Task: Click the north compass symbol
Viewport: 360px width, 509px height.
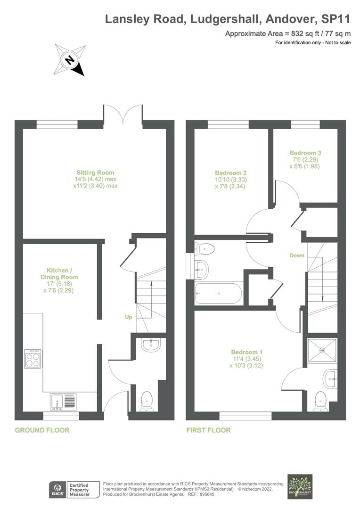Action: pos(70,59)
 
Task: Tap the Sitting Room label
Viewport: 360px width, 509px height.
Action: pos(96,179)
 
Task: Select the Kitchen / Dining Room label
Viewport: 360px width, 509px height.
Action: pos(59,280)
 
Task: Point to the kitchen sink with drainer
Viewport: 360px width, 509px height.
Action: pos(63,402)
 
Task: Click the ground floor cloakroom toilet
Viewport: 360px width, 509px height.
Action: pos(147,400)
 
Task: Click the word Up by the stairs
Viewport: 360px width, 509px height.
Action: pos(128,317)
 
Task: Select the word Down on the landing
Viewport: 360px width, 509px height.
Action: pos(297,255)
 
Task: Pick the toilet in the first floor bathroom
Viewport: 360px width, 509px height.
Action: pos(205,248)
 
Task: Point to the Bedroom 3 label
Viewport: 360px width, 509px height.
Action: pos(305,159)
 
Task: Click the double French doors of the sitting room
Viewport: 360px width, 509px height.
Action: pos(123,116)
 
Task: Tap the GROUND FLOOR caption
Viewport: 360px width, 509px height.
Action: pos(42,430)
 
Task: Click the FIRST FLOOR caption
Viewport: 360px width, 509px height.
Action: pos(208,430)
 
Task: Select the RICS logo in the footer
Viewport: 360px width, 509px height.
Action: pos(58,490)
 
